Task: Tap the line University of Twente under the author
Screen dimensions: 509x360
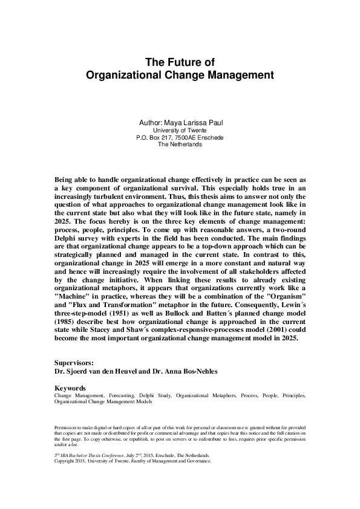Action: [x=180, y=130]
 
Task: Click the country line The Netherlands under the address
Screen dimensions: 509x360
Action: [x=180, y=144]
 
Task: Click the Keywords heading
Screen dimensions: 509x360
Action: [x=70, y=387]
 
